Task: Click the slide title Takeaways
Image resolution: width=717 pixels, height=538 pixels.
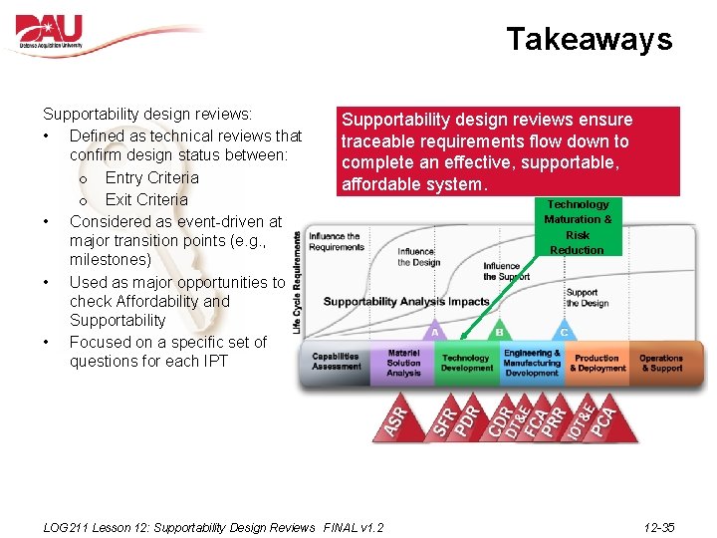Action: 589,39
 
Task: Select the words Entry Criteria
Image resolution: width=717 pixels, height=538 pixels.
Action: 151,177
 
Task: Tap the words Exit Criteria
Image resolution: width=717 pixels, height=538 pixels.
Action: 146,199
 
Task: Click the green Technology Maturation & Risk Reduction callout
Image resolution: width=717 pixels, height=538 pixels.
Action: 578,227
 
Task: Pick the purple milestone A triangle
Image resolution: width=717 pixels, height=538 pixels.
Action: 434,330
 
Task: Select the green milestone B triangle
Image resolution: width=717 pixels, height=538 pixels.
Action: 499,330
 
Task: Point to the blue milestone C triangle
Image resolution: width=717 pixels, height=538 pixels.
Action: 564,330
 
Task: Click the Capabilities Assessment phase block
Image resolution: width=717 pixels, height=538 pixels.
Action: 336,363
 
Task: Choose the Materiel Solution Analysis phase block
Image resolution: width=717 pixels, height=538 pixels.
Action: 403,364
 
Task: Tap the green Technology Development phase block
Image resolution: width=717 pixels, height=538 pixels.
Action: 466,364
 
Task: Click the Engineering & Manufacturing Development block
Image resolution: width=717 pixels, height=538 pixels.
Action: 532,363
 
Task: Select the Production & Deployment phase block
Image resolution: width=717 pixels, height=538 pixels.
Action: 597,364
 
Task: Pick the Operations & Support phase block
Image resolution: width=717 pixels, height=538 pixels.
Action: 661,363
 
